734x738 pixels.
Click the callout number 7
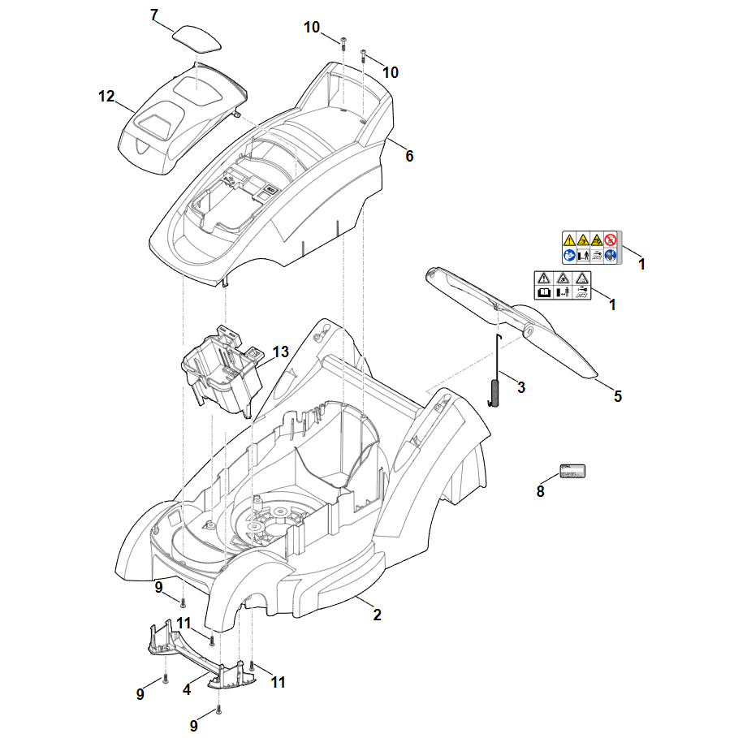(155, 15)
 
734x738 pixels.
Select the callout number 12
(106, 97)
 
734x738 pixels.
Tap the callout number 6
(409, 156)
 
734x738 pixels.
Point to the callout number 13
(281, 352)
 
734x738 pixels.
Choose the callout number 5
(618, 396)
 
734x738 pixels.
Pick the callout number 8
(541, 490)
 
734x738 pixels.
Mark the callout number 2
(377, 615)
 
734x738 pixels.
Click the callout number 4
(187, 689)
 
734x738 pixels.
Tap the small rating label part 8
(572, 472)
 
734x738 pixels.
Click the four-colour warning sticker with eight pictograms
(590, 248)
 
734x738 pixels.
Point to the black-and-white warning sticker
(562, 284)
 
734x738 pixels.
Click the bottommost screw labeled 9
(219, 711)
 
